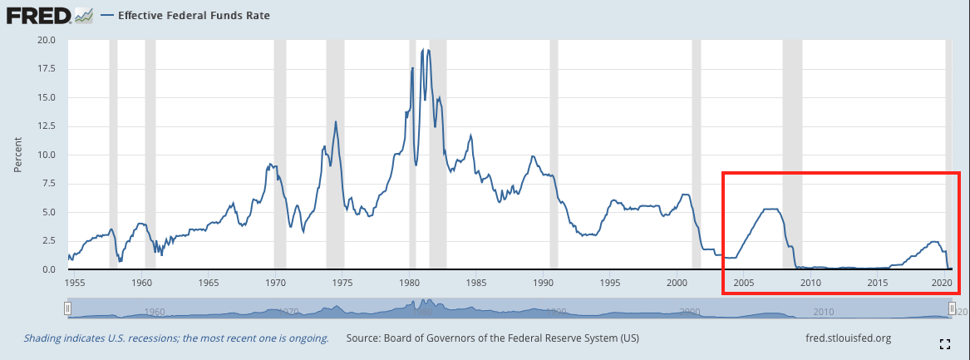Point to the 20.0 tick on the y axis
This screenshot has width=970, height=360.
45,40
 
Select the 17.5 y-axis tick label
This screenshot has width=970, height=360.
45,69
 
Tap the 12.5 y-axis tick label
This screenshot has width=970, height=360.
45,126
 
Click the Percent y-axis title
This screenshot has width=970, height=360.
17,155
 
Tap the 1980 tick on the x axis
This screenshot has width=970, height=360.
409,283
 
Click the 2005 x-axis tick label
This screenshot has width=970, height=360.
743,283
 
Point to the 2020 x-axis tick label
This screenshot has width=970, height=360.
941,283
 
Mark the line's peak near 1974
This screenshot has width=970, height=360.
336,122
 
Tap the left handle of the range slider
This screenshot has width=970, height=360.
68,308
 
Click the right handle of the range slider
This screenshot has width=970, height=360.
951,308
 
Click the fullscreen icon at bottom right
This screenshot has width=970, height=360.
944,343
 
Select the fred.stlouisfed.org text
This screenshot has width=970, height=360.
848,338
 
